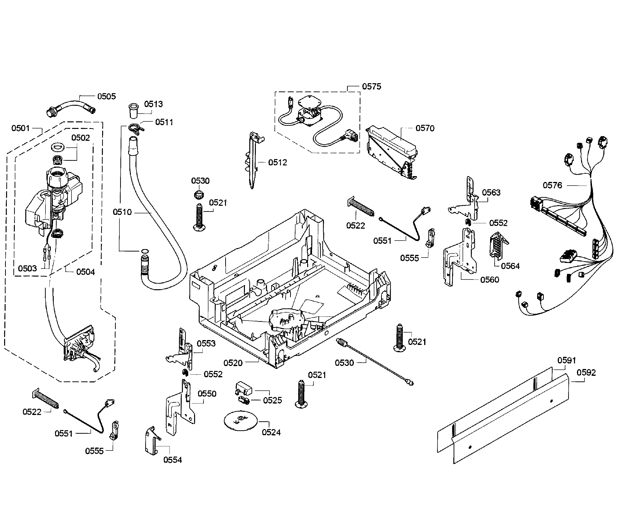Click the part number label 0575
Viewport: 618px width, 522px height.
pyautogui.click(x=372, y=86)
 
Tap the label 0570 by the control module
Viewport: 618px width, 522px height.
pyautogui.click(x=425, y=128)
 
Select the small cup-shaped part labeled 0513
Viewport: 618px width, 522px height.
pyautogui.click(x=134, y=110)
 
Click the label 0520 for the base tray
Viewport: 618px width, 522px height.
pyautogui.click(x=233, y=363)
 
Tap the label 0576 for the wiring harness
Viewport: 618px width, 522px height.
pyautogui.click(x=552, y=185)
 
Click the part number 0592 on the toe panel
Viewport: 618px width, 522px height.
pyautogui.click(x=586, y=373)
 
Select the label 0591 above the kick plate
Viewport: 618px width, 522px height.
pyautogui.click(x=566, y=360)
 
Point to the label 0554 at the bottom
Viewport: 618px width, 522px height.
pyautogui.click(x=172, y=459)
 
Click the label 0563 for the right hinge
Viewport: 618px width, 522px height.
pyautogui.click(x=491, y=192)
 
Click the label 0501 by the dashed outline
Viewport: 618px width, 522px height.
pyautogui.click(x=20, y=128)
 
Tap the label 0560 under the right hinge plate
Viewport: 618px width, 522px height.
pyautogui.click(x=490, y=280)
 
